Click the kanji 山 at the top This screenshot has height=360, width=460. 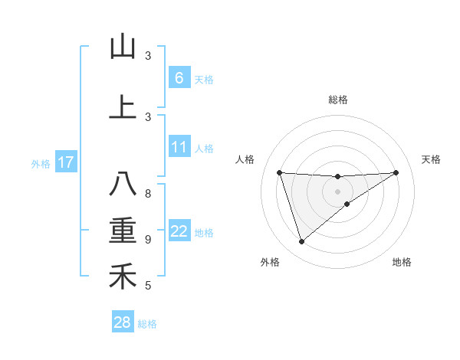[123, 47]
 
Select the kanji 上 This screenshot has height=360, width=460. [123, 107]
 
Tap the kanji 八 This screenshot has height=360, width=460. [123, 185]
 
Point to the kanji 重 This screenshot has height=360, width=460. [123, 231]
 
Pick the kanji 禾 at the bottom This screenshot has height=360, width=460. [123, 277]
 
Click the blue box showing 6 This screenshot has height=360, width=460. [179, 77]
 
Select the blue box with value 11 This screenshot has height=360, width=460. [179, 147]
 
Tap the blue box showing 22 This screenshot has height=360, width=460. [179, 232]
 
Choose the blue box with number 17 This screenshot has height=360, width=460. [65, 162]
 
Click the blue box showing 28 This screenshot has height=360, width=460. [123, 322]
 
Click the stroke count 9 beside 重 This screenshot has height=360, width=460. [148, 240]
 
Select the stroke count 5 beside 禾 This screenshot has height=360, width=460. [148, 286]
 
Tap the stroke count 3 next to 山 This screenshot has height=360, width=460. [148, 56]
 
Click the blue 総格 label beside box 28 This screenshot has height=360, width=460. [147, 324]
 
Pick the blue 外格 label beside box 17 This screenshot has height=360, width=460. [41, 163]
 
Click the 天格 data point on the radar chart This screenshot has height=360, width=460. [396, 172]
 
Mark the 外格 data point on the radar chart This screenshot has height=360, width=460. [301, 242]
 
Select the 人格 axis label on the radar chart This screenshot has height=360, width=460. [245, 159]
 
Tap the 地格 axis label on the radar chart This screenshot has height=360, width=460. [402, 263]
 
